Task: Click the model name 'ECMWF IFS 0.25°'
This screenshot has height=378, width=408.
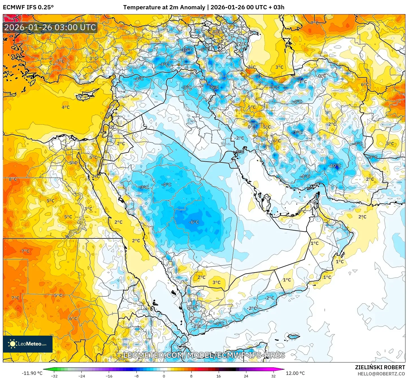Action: coord(28,7)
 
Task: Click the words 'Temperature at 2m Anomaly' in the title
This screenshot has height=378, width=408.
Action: coord(164,7)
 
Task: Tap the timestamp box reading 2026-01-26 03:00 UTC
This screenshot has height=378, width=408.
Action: coord(50,28)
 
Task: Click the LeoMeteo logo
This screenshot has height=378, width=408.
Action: coord(28,344)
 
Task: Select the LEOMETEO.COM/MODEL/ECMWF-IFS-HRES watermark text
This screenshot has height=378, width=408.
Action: coord(204,355)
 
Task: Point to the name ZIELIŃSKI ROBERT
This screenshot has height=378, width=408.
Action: coord(380,367)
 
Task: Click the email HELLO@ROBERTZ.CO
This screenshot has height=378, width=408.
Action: coord(381,374)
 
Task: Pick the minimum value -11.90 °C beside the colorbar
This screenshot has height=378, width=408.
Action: coord(32,373)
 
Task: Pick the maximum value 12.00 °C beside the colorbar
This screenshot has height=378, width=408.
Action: coord(295,373)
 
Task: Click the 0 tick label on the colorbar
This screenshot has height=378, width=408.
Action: coord(164,376)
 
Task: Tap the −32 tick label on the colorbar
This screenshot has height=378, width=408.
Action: coord(54,376)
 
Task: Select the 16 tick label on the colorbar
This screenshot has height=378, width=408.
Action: coord(218,376)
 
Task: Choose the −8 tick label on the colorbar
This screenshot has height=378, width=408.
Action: coord(136,376)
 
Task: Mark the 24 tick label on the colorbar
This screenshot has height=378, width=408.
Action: coord(246,376)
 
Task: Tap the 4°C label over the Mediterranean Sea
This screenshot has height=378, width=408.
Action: coord(66,107)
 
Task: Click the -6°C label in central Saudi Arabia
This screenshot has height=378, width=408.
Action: coord(194,222)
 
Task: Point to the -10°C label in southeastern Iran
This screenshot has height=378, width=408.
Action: coord(335,166)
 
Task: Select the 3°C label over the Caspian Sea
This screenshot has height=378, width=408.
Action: coord(279,67)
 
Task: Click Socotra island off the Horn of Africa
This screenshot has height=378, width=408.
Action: coord(294,336)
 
